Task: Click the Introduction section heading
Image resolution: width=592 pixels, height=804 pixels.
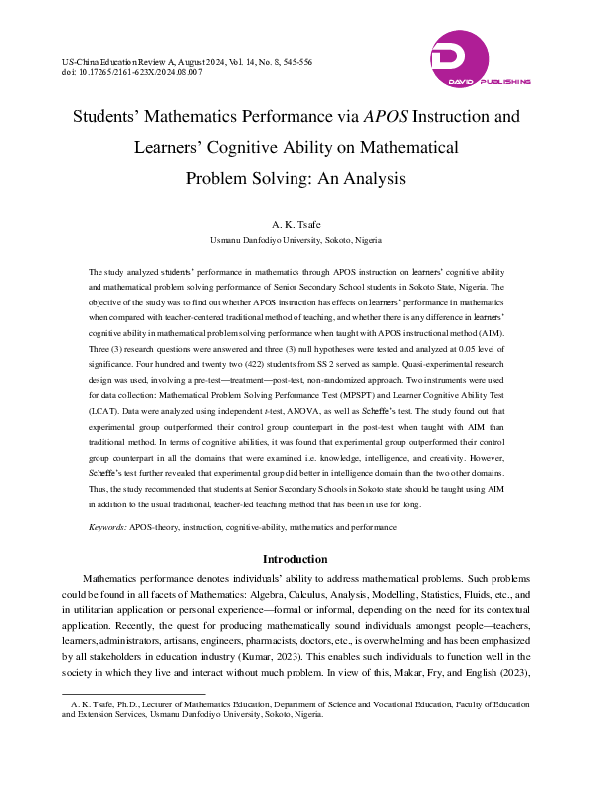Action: click(295, 559)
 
